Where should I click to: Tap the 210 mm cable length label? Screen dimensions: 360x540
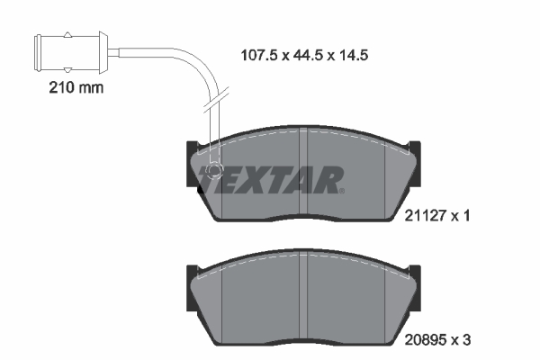pyautogui.click(x=74, y=88)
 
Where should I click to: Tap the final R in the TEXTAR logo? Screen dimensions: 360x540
pyautogui.click(x=328, y=179)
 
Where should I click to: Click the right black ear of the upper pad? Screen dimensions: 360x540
pyautogui.click(x=415, y=148)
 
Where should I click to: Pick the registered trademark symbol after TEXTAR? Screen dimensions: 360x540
pyautogui.click(x=343, y=190)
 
